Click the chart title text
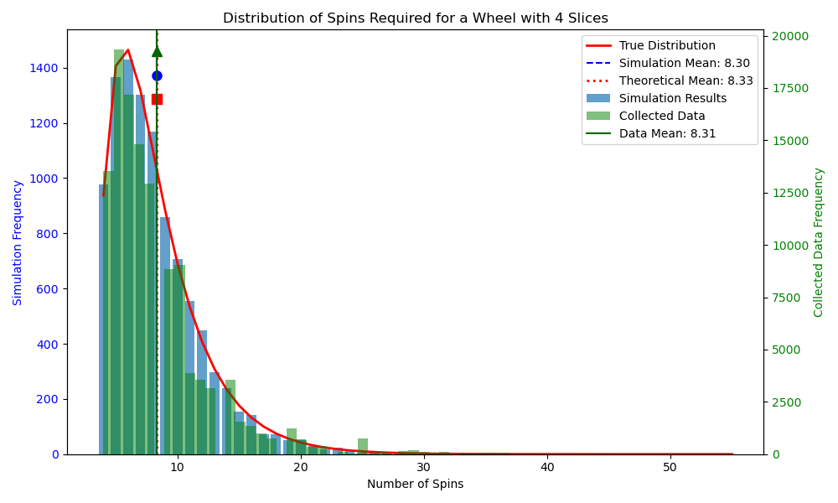[x=416, y=18]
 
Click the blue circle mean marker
[x=157, y=75]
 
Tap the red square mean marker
[x=157, y=99]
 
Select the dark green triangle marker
[x=157, y=51]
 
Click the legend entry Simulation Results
[x=673, y=98]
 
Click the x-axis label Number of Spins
[x=415, y=484]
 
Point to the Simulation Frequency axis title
[x=18, y=242]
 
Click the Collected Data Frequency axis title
[x=819, y=242]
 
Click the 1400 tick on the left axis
[x=46, y=68]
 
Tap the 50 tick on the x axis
[x=670, y=466]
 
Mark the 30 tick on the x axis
[x=424, y=466]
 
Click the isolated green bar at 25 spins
[x=363, y=446]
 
